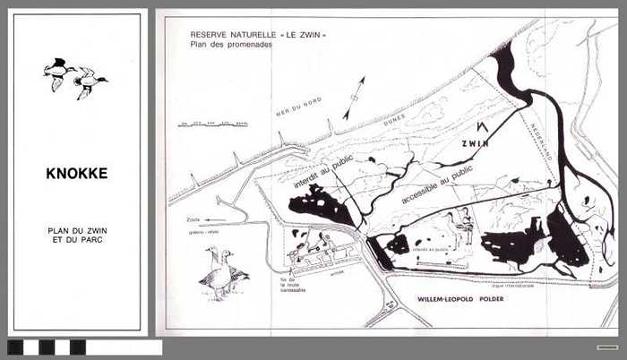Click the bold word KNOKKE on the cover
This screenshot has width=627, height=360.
[77, 174]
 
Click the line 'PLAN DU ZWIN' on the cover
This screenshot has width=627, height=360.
[77, 230]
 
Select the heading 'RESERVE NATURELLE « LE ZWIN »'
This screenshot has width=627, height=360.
[258, 35]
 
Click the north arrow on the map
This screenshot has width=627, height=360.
[355, 97]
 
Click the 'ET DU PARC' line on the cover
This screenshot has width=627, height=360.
[77, 240]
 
